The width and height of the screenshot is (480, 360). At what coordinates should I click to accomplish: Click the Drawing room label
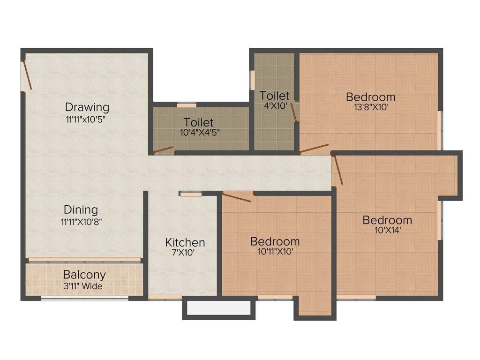tap(87, 107)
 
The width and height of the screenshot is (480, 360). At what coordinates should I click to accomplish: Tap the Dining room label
tap(81, 210)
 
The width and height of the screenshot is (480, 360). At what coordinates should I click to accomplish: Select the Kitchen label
tap(185, 242)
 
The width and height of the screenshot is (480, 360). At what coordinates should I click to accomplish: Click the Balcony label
tap(84, 275)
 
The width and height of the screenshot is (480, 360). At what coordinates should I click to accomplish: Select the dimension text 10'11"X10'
tap(275, 251)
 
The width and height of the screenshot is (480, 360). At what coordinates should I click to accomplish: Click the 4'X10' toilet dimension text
tap(275, 106)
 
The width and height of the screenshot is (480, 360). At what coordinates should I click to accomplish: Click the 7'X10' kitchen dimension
tap(185, 252)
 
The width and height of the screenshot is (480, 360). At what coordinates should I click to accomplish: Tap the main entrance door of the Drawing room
tap(27, 75)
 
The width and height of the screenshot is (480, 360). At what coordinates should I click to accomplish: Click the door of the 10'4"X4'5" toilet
tap(163, 150)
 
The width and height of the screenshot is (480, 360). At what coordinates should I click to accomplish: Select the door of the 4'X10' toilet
tap(294, 112)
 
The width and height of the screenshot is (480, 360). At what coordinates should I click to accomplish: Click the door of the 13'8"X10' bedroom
tap(314, 149)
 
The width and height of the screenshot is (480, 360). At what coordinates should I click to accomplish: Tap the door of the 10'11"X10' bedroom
tap(237, 197)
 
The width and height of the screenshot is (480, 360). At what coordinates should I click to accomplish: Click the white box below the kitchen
tap(218, 308)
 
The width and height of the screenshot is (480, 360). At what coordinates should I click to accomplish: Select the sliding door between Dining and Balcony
tap(84, 259)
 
